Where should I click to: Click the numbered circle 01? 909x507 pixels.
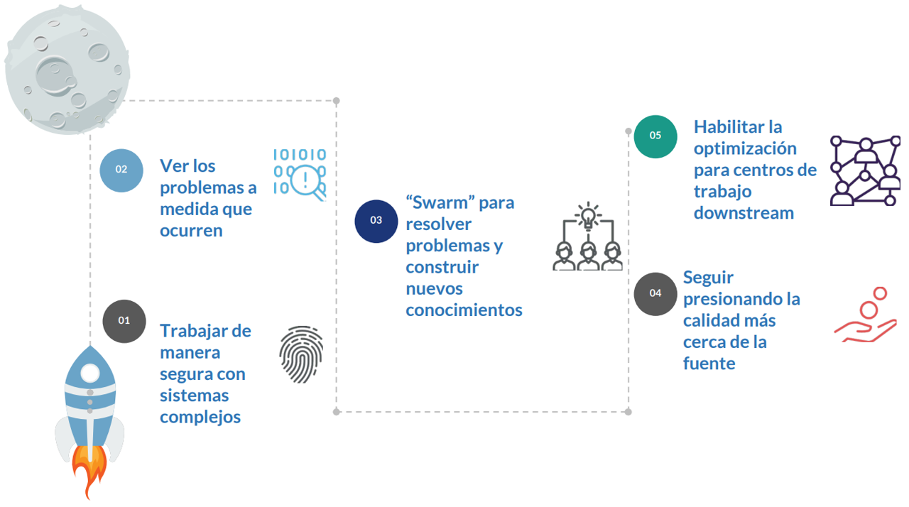pyautogui.click(x=124, y=321)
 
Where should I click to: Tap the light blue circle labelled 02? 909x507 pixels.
pyautogui.click(x=121, y=170)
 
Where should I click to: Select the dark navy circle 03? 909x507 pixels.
pyautogui.click(x=376, y=221)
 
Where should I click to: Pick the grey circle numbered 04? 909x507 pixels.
pyautogui.click(x=655, y=293)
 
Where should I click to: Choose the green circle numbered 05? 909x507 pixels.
pyautogui.click(x=655, y=136)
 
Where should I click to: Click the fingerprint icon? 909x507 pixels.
pyautogui.click(x=300, y=354)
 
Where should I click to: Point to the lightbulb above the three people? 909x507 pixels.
pyautogui.click(x=587, y=216)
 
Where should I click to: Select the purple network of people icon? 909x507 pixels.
pyautogui.click(x=864, y=171)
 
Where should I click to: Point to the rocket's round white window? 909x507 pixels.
pyautogui.click(x=90, y=373)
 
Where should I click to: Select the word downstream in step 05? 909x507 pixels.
pyautogui.click(x=744, y=213)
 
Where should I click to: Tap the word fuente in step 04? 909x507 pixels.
pyautogui.click(x=709, y=364)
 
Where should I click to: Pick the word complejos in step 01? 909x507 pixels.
pyautogui.click(x=200, y=417)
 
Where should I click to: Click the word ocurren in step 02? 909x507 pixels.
pyautogui.click(x=191, y=231)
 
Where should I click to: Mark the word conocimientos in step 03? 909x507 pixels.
pyautogui.click(x=464, y=310)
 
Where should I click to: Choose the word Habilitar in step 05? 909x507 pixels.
pyautogui.click(x=728, y=127)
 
